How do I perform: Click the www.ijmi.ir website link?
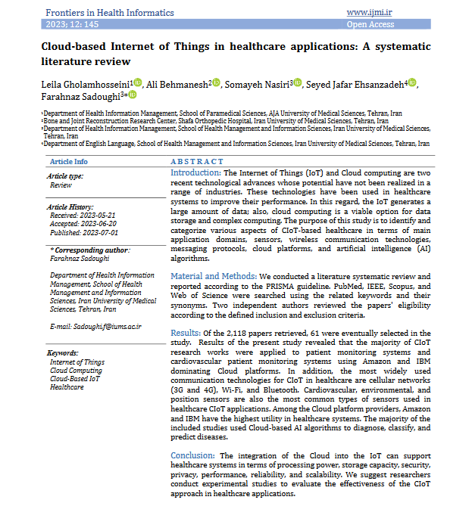[x=370, y=13]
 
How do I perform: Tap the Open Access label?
[x=370, y=25]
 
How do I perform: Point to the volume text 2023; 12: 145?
[x=73, y=25]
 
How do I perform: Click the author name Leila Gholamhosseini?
[x=86, y=83]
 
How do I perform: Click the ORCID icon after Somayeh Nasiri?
[x=298, y=83]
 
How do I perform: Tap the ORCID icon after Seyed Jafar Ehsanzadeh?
[x=412, y=83]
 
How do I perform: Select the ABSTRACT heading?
[x=197, y=162]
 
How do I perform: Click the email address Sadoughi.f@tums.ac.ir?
[x=95, y=326]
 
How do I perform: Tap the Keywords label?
[x=63, y=352]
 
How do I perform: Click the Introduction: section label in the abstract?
[x=195, y=173]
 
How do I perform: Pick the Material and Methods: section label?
[x=213, y=277]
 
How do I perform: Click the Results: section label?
[x=185, y=332]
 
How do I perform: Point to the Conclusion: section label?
[x=192, y=455]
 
